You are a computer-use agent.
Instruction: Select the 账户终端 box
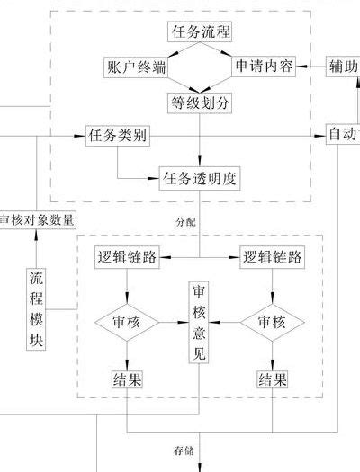[136, 67]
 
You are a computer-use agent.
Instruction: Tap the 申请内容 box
[265, 67]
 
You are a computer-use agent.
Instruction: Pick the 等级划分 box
[201, 102]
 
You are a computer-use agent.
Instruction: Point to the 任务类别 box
[118, 137]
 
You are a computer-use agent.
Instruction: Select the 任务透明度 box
[201, 177]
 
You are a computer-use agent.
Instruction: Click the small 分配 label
[184, 219]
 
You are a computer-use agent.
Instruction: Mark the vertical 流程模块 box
[36, 308]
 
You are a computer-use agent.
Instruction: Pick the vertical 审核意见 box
[200, 322]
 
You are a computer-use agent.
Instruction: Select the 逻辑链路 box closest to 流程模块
[128, 257]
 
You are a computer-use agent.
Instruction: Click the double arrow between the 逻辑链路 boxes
[200, 257]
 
